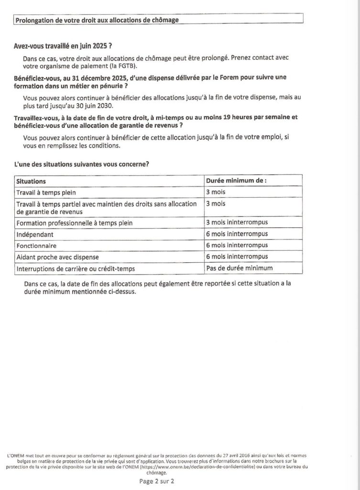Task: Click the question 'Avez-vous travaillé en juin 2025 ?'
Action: [62, 47]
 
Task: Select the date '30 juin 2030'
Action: [94, 106]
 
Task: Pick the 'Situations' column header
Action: [32, 181]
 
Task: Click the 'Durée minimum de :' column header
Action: [236, 181]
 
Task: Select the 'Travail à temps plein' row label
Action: [46, 192]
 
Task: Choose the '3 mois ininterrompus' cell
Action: [237, 223]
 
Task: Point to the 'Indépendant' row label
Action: [35, 234]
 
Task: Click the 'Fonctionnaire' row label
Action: [37, 246]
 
